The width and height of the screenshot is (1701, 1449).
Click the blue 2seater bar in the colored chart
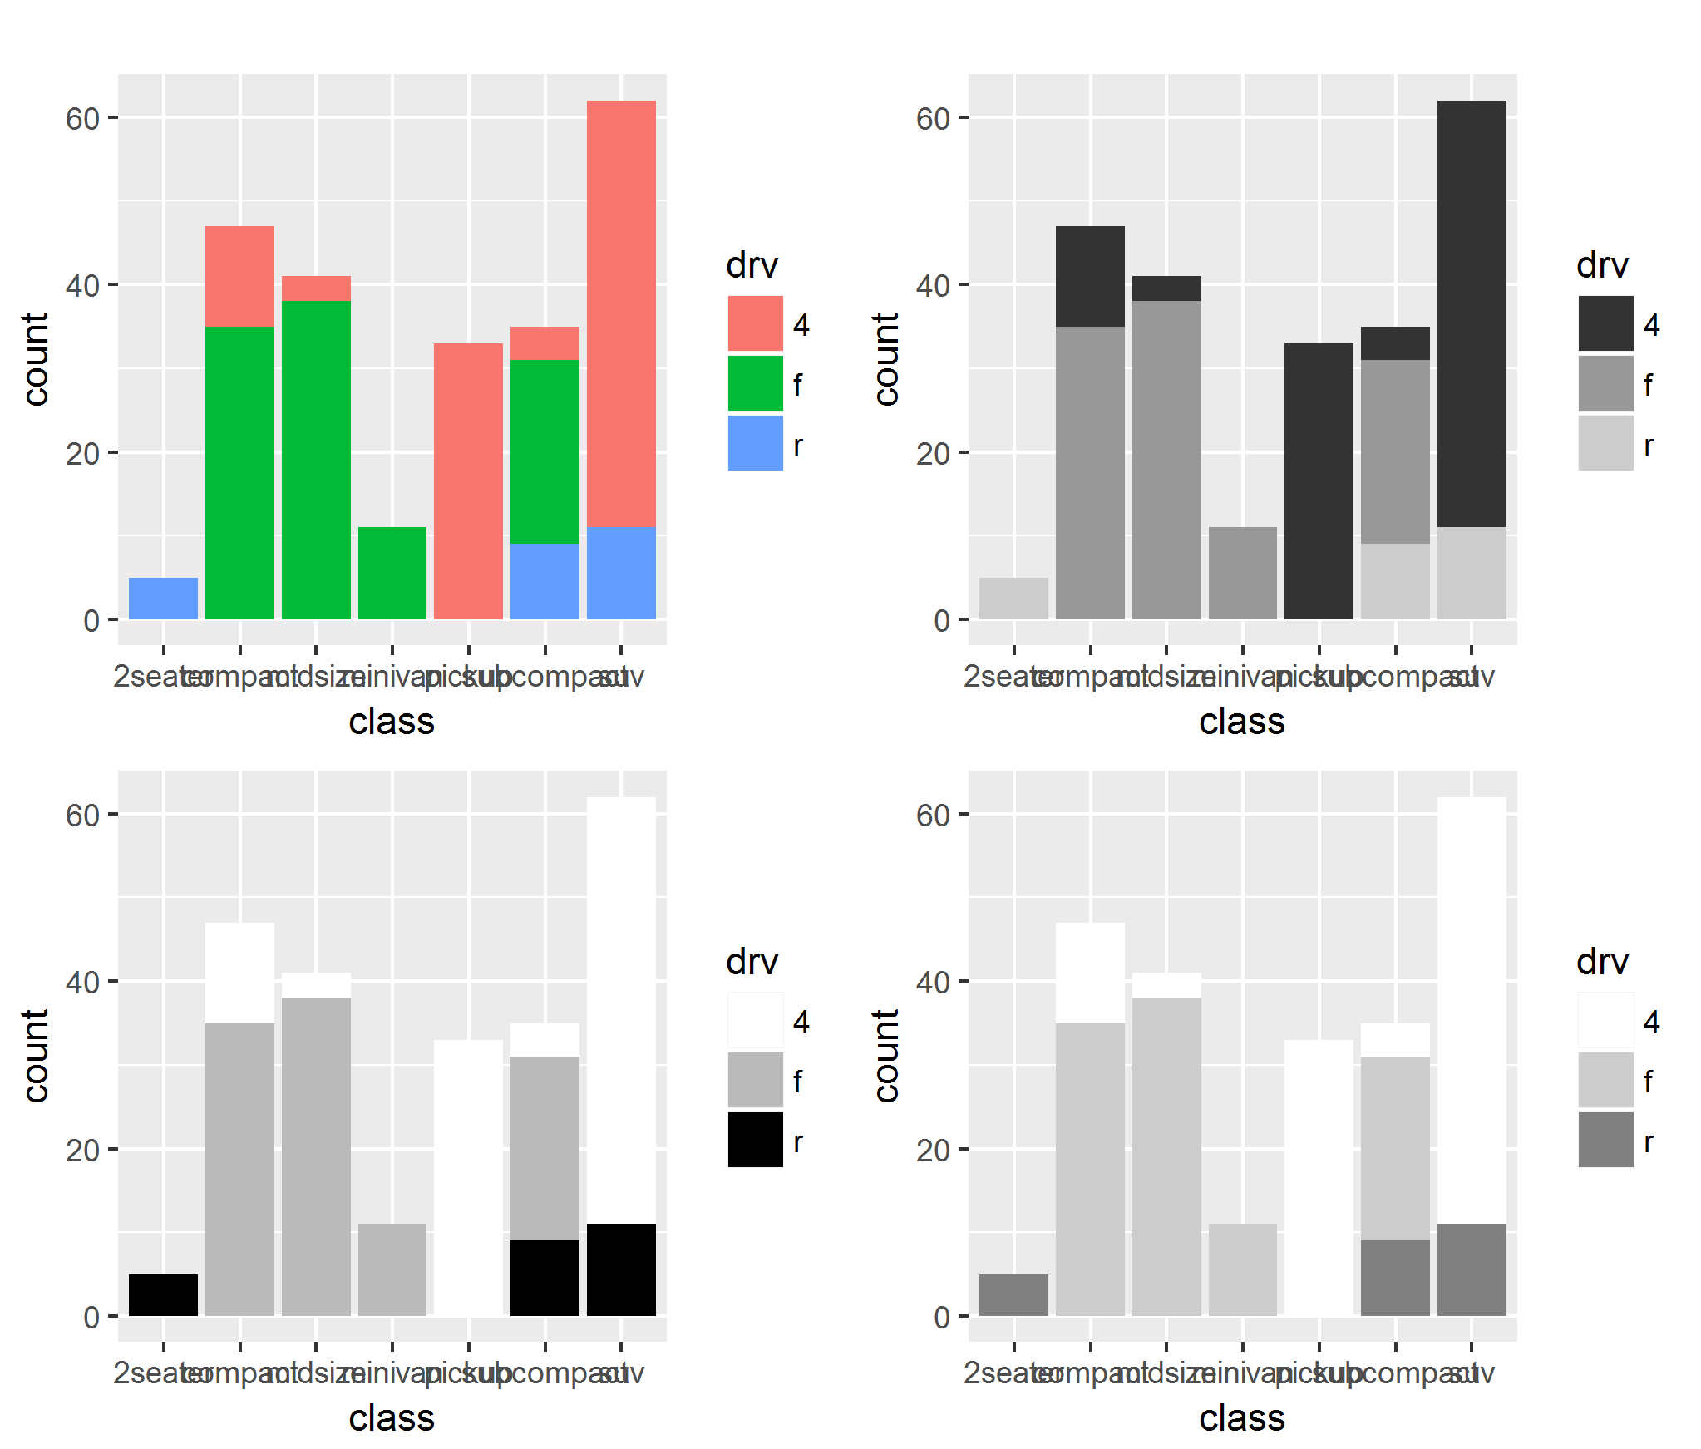pyautogui.click(x=163, y=598)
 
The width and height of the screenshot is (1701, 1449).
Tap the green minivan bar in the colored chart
pyautogui.click(x=392, y=573)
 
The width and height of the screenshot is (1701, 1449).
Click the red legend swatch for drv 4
pyautogui.click(x=755, y=323)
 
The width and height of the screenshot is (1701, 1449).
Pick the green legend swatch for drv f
pyautogui.click(x=755, y=383)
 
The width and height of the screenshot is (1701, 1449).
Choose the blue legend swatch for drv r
pyautogui.click(x=755, y=443)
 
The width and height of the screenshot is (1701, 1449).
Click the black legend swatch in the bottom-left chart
pyautogui.click(x=755, y=1140)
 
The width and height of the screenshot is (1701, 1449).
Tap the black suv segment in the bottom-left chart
pyautogui.click(x=621, y=1269)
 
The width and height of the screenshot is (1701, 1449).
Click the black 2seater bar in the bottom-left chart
pyautogui.click(x=163, y=1294)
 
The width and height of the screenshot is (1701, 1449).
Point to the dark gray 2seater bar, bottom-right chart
pyautogui.click(x=1013, y=1294)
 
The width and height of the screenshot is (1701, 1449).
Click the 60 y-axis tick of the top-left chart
pyautogui.click(x=83, y=119)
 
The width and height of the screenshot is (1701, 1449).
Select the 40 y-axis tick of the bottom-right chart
pyautogui.click(x=933, y=983)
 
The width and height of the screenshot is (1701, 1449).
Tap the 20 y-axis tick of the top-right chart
pyautogui.click(x=933, y=454)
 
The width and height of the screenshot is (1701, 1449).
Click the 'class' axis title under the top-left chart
pyautogui.click(x=392, y=722)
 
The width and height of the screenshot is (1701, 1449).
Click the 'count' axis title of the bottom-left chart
pyautogui.click(x=35, y=1056)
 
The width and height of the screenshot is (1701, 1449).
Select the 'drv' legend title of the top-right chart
pyautogui.click(x=1601, y=265)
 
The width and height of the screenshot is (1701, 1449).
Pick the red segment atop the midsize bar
pyautogui.click(x=316, y=288)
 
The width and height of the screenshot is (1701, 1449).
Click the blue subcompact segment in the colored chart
pyautogui.click(x=545, y=581)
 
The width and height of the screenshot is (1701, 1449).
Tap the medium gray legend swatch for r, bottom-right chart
pyautogui.click(x=1605, y=1140)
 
